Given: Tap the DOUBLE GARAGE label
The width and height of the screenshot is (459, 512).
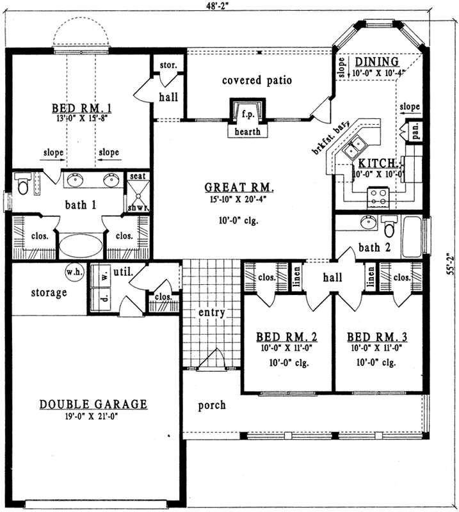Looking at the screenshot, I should click(93, 404).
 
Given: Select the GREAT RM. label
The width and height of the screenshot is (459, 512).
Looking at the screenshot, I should click(239, 188).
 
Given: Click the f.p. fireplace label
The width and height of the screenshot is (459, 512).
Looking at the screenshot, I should click(247, 115).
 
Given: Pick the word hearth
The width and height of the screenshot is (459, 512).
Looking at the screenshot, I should click(248, 132).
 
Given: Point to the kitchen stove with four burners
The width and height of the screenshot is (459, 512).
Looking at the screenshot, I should click(378, 196).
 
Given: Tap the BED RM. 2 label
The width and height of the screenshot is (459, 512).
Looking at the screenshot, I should click(287, 337).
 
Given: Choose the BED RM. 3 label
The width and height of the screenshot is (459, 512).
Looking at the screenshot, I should click(378, 337).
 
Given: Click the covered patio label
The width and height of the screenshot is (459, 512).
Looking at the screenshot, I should click(257, 81).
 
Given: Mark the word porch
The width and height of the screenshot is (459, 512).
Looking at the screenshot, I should click(211, 405).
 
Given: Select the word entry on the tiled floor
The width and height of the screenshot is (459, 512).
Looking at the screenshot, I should click(211, 313).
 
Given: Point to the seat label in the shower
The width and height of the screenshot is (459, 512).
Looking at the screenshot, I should click(136, 176).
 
